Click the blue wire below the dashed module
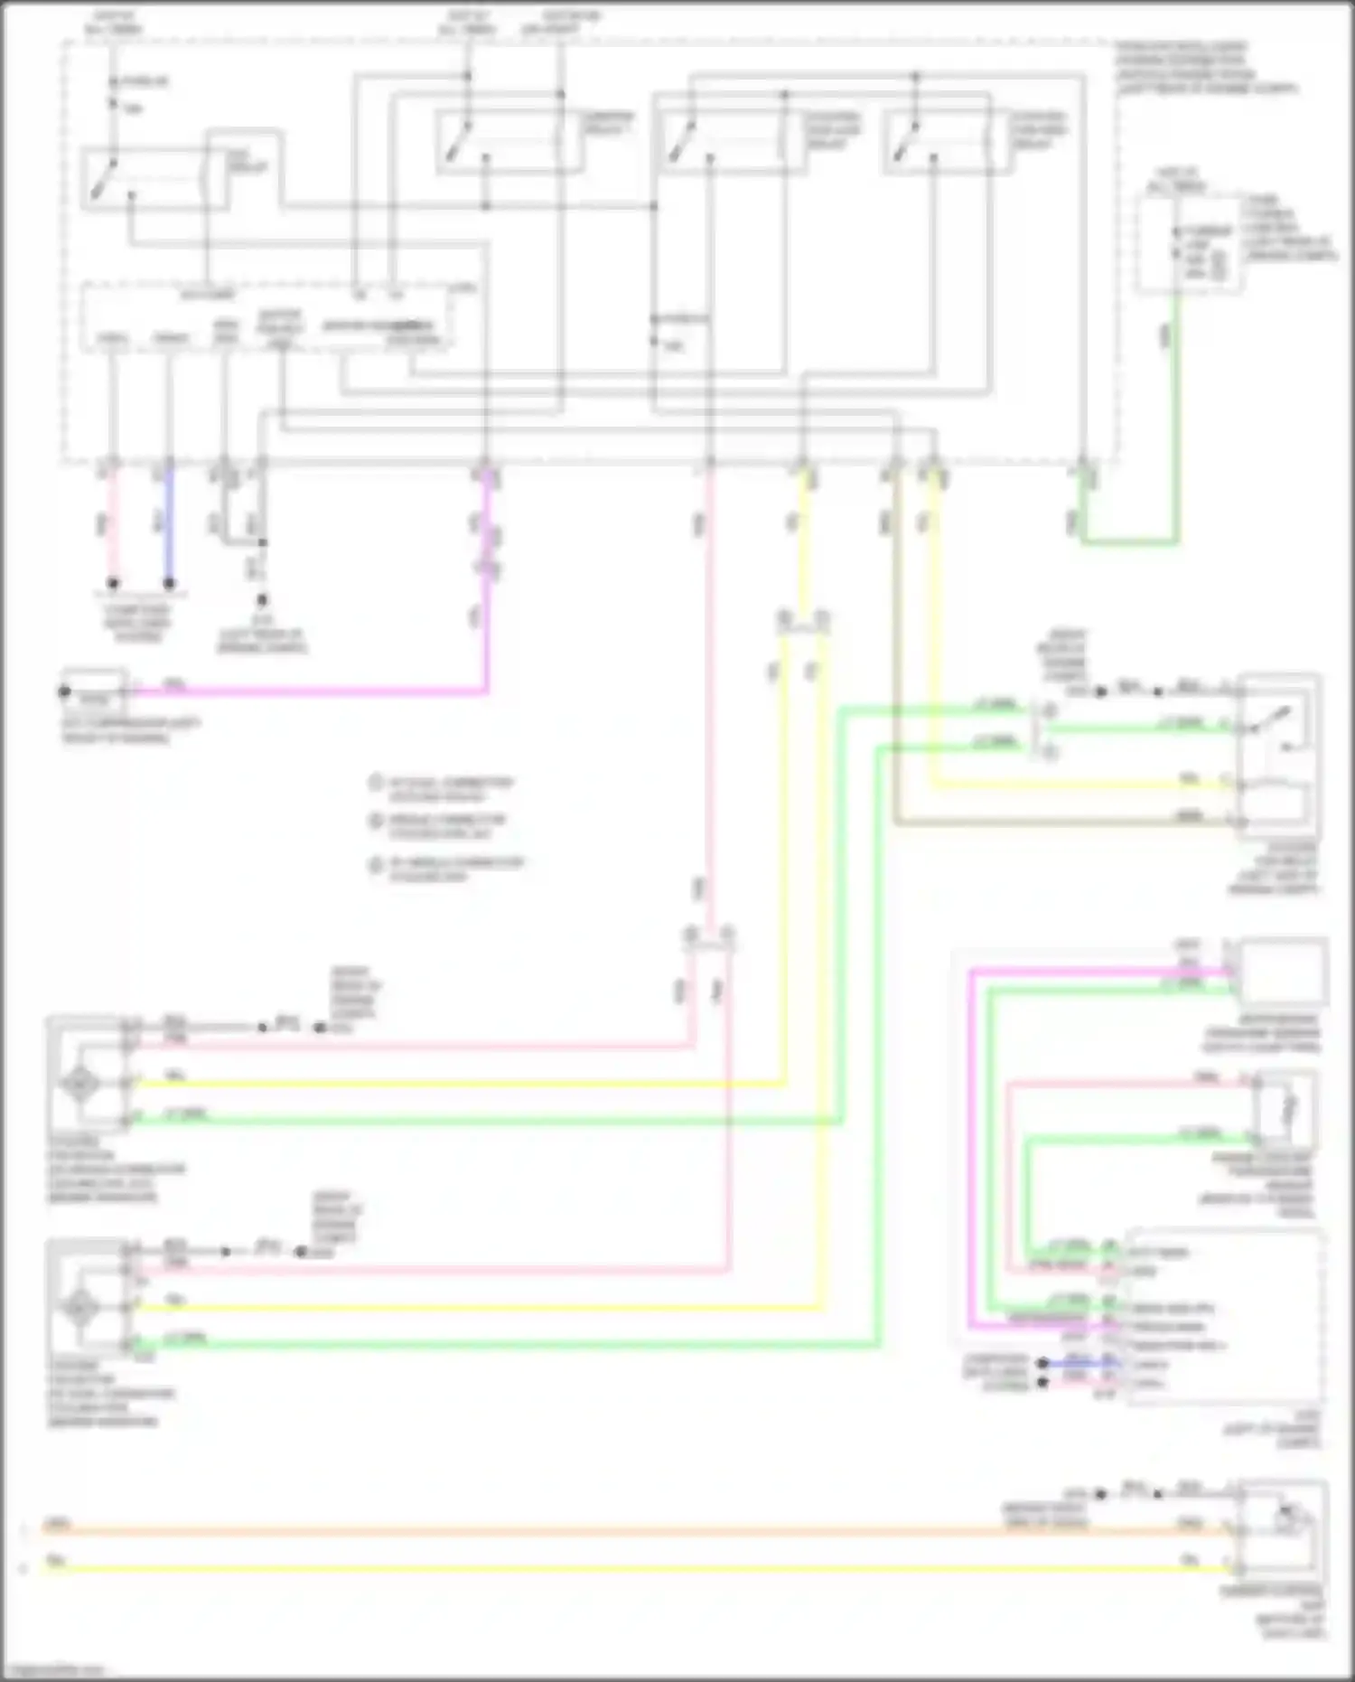[168, 524]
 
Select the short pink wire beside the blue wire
[112, 524]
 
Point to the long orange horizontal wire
[632, 1531]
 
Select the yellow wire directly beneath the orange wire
[632, 1569]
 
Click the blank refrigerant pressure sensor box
[1283, 973]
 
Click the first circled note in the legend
[376, 783]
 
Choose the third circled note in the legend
[376, 866]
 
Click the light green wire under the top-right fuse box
[1174, 407]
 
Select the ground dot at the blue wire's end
[168, 584]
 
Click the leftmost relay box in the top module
[145, 179]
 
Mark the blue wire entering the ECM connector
[1079, 1362]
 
